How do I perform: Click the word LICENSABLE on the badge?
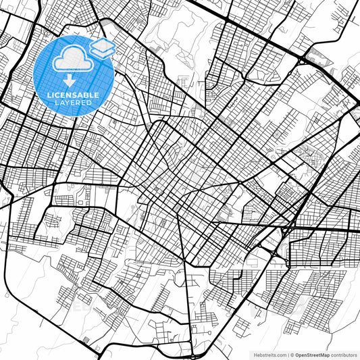pos(74,95)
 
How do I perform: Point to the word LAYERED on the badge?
pos(74,103)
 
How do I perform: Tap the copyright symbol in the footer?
pos(292,354)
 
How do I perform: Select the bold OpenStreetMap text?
pos(313,354)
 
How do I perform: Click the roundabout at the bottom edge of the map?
pos(193,355)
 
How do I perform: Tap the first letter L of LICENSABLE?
pos(49,95)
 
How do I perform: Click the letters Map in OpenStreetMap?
pos(325,354)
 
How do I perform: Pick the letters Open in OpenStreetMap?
pos(301,354)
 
